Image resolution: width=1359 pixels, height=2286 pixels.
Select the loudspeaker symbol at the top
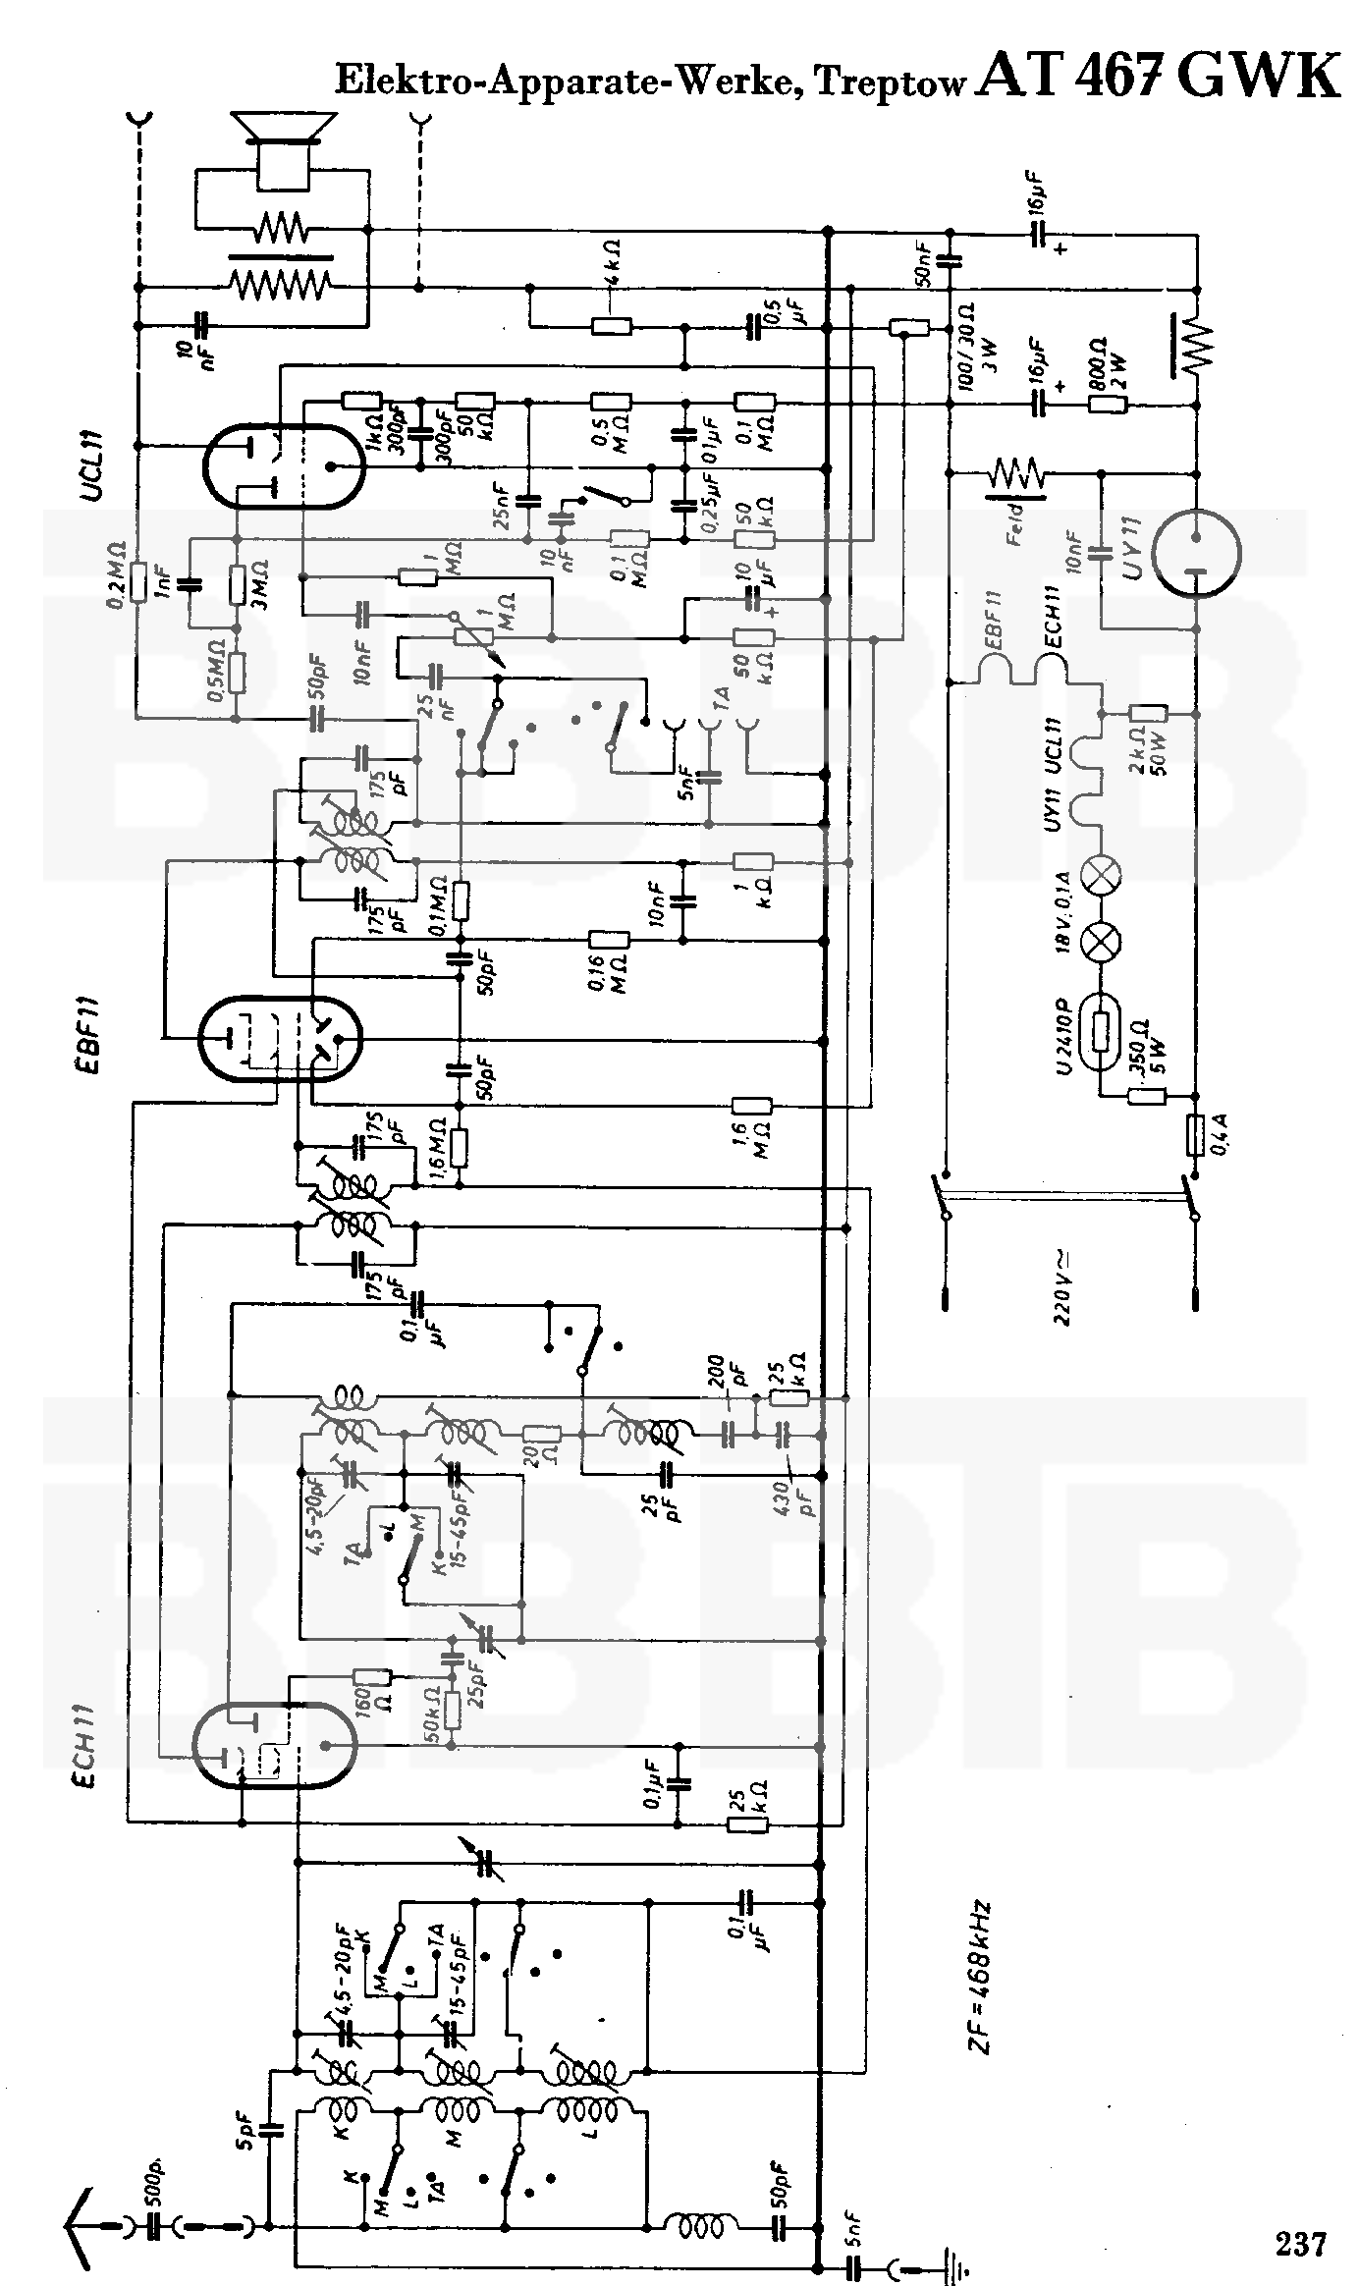281,147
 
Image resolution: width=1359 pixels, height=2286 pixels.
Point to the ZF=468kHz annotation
980,1979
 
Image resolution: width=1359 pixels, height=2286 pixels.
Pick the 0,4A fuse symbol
1196,1135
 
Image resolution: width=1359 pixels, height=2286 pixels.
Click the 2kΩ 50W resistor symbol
1147,714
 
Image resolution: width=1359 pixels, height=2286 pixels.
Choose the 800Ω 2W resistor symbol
1107,404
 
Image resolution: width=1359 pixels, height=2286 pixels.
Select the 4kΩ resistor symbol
611,326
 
